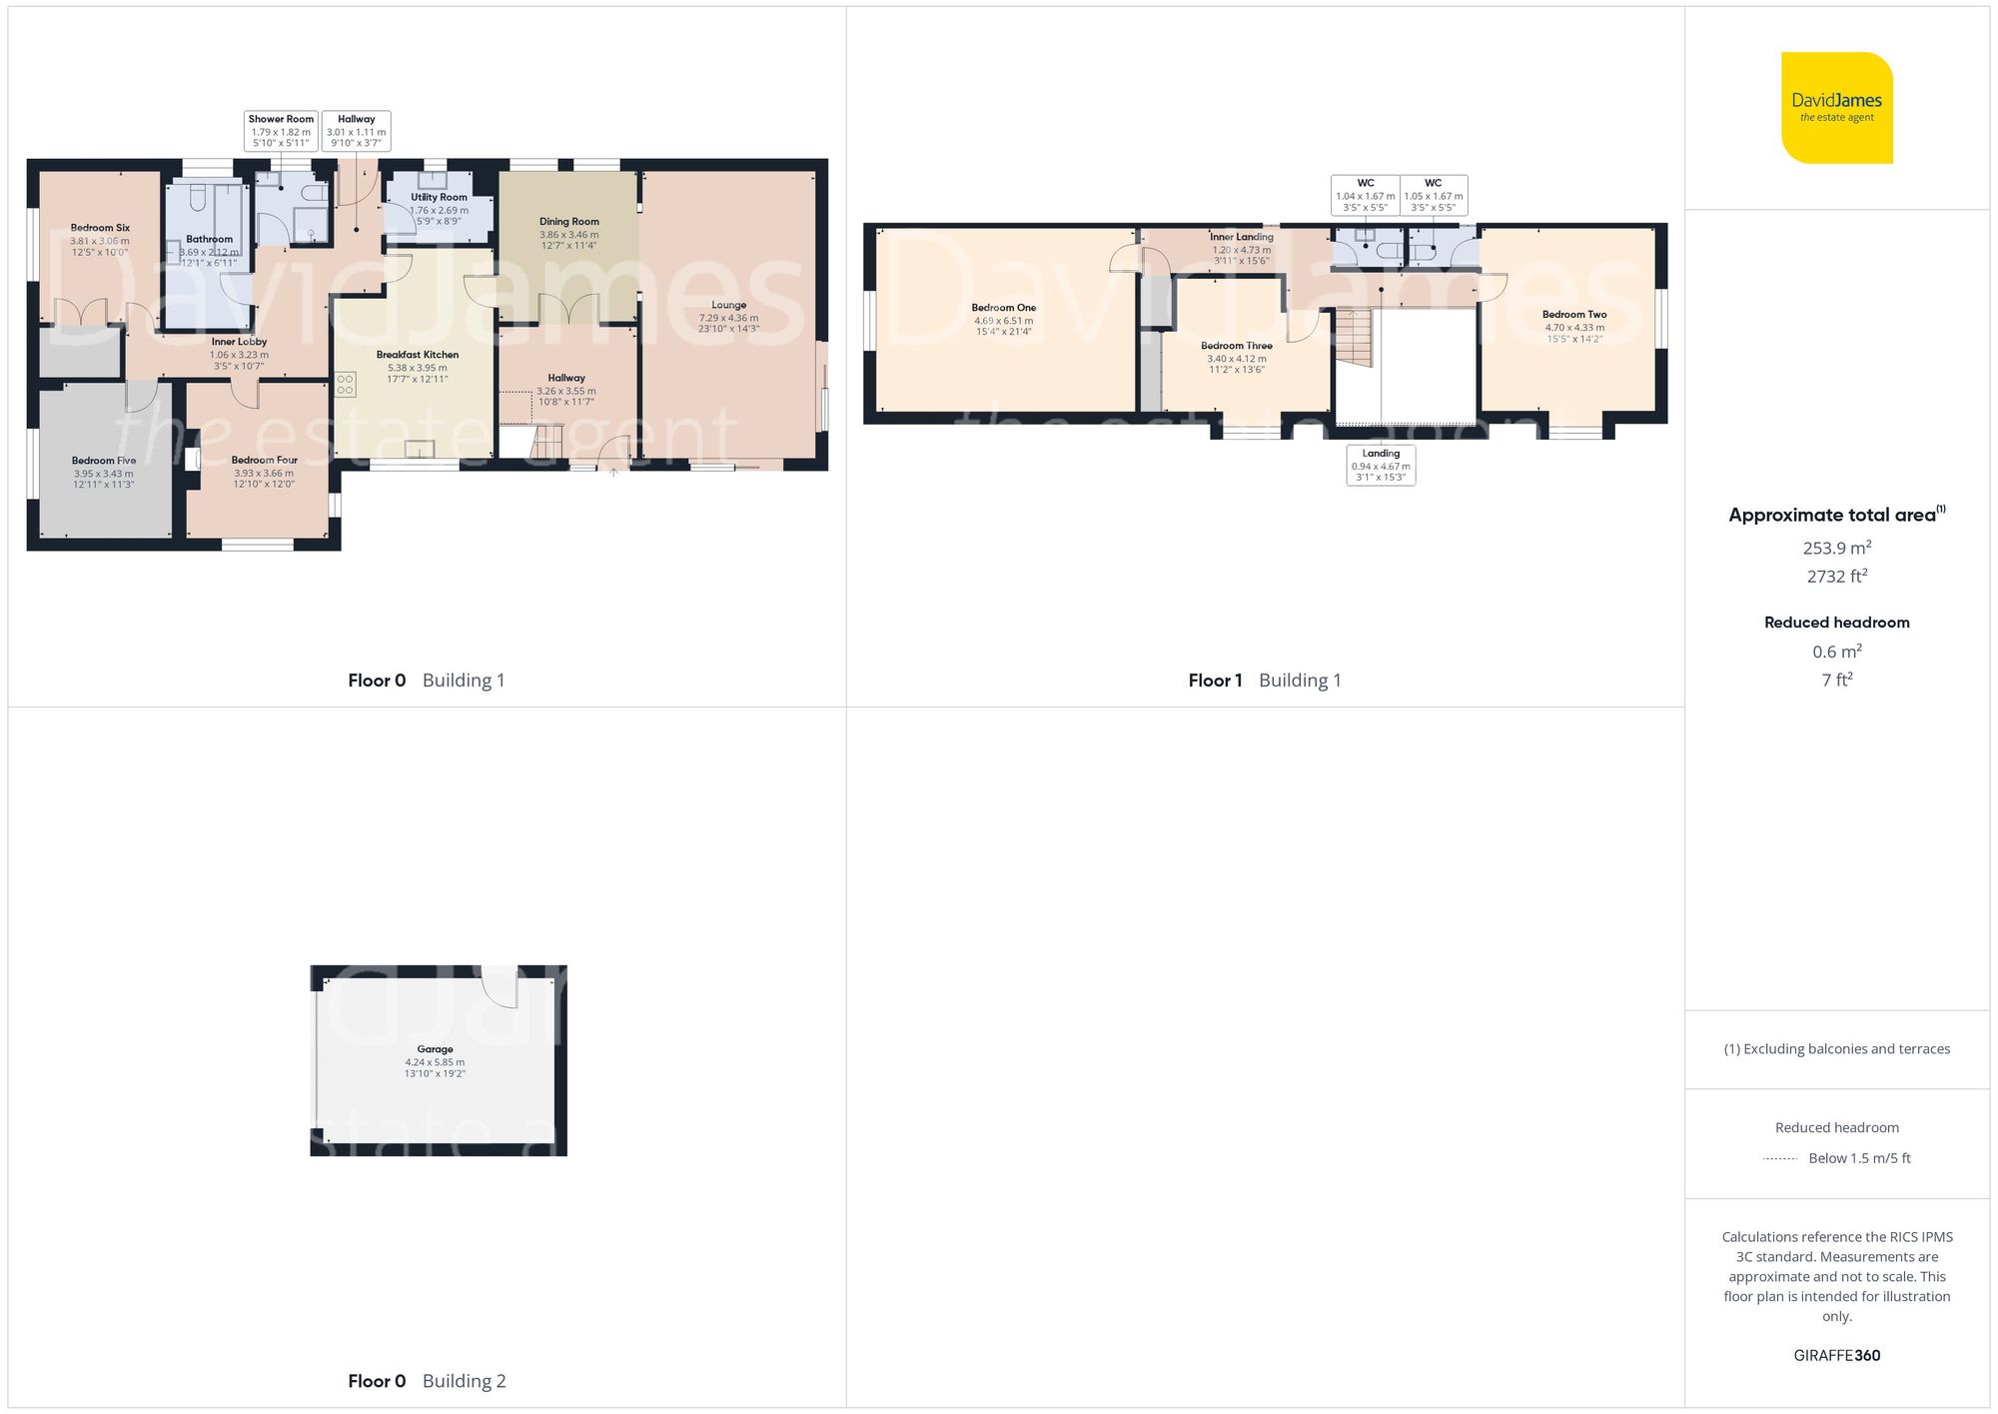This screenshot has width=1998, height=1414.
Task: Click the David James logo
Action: (1836, 108)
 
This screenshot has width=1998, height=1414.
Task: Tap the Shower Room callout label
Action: (281, 131)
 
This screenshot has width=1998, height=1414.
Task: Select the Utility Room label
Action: (439, 209)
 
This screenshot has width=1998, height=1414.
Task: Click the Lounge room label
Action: (728, 316)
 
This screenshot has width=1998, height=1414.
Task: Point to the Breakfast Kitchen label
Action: (418, 366)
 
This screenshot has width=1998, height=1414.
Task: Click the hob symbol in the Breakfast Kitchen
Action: (346, 385)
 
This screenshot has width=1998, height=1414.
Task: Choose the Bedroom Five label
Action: (103, 472)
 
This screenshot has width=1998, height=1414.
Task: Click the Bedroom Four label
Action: (264, 472)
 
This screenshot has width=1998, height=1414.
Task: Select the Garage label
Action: (435, 1060)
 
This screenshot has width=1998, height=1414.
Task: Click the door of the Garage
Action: (499, 986)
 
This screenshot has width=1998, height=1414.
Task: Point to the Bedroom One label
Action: (1003, 319)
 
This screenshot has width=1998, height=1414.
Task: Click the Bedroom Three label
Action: (1236, 357)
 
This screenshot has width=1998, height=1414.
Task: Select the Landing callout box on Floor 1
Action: (1381, 465)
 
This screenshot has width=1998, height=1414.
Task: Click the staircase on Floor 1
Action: (1355, 337)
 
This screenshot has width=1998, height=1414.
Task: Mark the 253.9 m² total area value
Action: (1836, 548)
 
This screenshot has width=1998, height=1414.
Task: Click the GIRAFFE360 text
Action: (1836, 1355)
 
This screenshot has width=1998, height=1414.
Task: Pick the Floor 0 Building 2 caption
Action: (427, 1381)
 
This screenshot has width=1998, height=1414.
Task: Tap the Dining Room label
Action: (568, 233)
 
